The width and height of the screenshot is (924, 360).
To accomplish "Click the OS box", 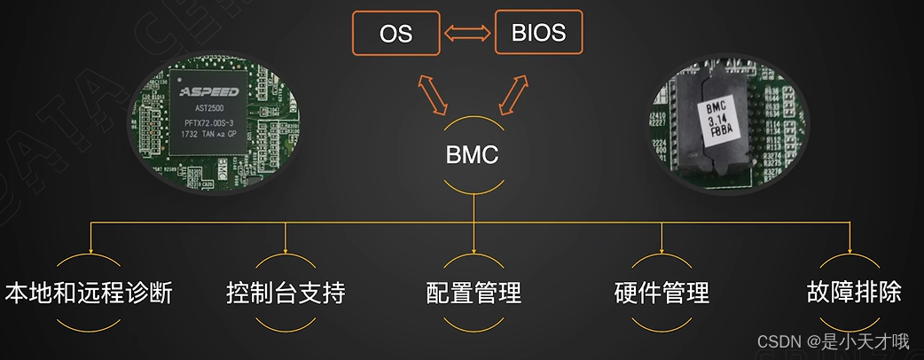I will tap(395, 34).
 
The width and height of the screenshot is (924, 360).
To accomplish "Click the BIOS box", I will tap(538, 33).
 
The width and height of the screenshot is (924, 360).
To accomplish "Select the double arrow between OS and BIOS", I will tap(466, 35).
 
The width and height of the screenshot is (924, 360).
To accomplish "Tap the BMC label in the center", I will tap(472, 155).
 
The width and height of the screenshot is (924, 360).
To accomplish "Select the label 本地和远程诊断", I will tap(89, 293).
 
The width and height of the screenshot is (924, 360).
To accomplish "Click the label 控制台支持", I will tap(286, 293).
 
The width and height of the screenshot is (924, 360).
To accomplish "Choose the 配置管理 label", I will tap(474, 293).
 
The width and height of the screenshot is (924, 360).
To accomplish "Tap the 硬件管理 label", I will tap(662, 293).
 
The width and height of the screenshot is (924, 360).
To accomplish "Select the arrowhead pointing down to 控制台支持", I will tap(286, 247).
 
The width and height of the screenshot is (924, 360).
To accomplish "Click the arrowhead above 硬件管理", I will tap(662, 247).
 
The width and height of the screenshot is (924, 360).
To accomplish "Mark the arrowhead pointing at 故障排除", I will tap(850, 247).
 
